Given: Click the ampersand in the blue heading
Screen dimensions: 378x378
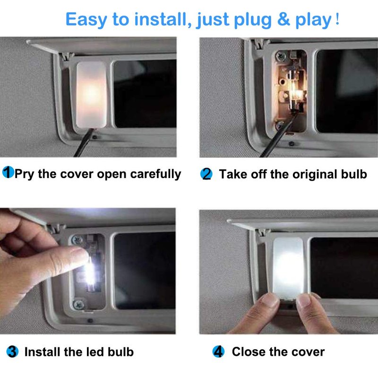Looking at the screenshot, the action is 283,19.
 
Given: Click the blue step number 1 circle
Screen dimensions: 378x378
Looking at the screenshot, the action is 8,172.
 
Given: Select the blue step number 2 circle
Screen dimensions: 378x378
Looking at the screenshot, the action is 206,174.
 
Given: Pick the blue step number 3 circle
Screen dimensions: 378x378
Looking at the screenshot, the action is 12,352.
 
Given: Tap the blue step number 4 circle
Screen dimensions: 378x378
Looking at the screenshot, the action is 218,352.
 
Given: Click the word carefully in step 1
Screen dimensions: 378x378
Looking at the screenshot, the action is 155,174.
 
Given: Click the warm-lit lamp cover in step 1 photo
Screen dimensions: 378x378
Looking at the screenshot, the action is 91,94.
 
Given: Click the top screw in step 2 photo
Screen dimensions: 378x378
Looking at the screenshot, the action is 280,56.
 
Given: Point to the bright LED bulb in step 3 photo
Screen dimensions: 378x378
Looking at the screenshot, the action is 90,274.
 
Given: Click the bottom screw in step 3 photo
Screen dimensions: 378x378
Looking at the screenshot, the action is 78,305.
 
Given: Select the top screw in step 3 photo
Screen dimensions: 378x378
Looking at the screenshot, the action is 77,240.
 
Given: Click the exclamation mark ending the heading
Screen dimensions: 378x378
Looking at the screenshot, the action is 337,19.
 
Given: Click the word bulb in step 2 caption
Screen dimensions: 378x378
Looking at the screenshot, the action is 354,174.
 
